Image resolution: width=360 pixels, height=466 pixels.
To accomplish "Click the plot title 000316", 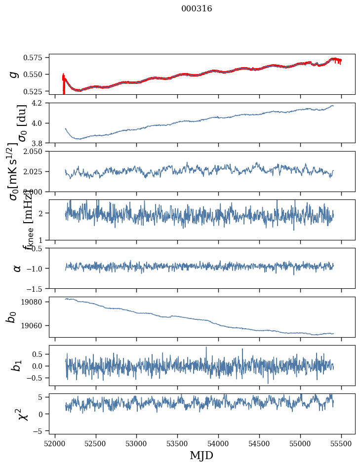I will (197, 9).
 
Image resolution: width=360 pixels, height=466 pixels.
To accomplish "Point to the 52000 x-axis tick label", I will (55, 443).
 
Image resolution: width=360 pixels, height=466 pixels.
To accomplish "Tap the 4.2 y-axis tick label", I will (40, 103).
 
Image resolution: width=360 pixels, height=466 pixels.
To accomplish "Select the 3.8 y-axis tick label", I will (40, 143).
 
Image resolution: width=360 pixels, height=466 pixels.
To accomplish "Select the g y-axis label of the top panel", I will (15, 74).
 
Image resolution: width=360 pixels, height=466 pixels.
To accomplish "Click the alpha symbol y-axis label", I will (17, 268).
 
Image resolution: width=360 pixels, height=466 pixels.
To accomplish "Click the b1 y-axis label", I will (17, 365).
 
